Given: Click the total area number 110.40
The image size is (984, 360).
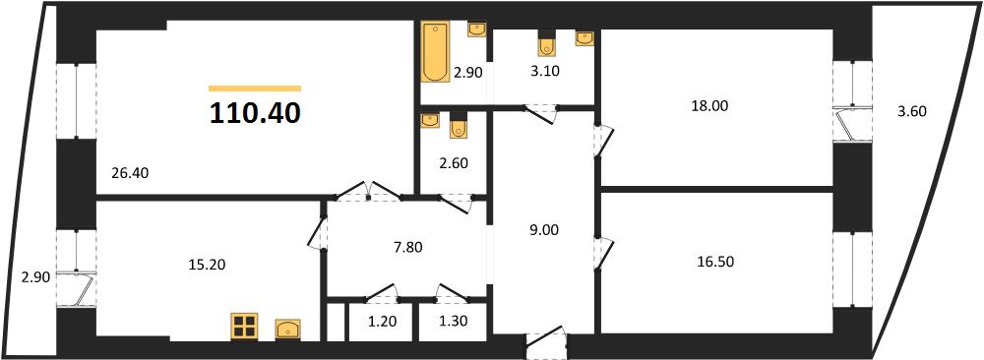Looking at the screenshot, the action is click(255, 113).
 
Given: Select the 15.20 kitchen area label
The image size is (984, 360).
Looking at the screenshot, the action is click(207, 265).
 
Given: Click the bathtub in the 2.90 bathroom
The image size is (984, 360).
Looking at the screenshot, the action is click(433, 53).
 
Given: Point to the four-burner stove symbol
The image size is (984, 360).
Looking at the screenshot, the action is click(244, 327).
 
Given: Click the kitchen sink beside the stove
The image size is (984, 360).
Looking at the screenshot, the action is click(288, 329).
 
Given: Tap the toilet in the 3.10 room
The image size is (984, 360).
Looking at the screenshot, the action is click(545, 44).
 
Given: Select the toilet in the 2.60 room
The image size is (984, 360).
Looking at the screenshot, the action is click(459, 126).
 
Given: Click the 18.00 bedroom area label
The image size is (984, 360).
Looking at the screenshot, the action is click(709, 106).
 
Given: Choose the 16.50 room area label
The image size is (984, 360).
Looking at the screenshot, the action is click(715, 262).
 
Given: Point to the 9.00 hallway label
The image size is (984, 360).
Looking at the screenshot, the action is click(544, 230).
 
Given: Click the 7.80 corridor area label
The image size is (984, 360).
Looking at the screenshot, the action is click(408, 247).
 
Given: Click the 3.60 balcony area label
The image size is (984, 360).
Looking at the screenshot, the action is click(912, 112).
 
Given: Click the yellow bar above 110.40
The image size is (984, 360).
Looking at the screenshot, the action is click(255, 89).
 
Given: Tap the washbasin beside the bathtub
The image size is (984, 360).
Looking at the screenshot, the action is click(477, 29).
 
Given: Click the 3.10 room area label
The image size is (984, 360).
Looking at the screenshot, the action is click(544, 71).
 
